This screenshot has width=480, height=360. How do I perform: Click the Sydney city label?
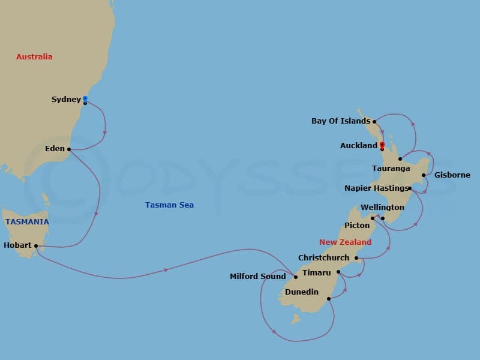tap(66, 100)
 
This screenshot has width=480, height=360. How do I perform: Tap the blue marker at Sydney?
tap(85, 98)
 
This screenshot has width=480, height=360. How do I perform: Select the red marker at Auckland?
tap(382, 144)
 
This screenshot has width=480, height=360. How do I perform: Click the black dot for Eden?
tap(69, 149)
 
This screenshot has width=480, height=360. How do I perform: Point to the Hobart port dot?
tap(36, 245)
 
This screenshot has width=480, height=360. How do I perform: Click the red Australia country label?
tap(34, 57)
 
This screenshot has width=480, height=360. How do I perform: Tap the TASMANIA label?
tap(27, 222)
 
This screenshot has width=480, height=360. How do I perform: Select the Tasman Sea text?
tap(169, 205)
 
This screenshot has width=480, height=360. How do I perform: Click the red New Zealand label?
tap(345, 242)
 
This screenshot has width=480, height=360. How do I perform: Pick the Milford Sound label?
tap(257, 277)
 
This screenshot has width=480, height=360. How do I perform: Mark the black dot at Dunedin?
tap(329, 298)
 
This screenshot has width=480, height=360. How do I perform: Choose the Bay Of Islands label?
tap(341, 121)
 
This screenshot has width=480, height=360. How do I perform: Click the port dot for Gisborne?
tap(424, 175)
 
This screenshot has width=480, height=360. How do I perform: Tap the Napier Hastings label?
tap(376, 188)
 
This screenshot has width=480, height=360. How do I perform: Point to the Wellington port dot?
tap(382, 218)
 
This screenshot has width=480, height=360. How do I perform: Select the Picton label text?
tap(356, 226)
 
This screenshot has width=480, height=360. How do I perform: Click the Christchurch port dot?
tap(356, 259)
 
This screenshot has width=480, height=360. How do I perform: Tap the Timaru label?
tap(316, 273)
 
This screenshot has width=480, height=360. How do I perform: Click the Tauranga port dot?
tap(400, 158)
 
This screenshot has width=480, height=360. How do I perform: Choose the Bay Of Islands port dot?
tap(374, 121)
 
